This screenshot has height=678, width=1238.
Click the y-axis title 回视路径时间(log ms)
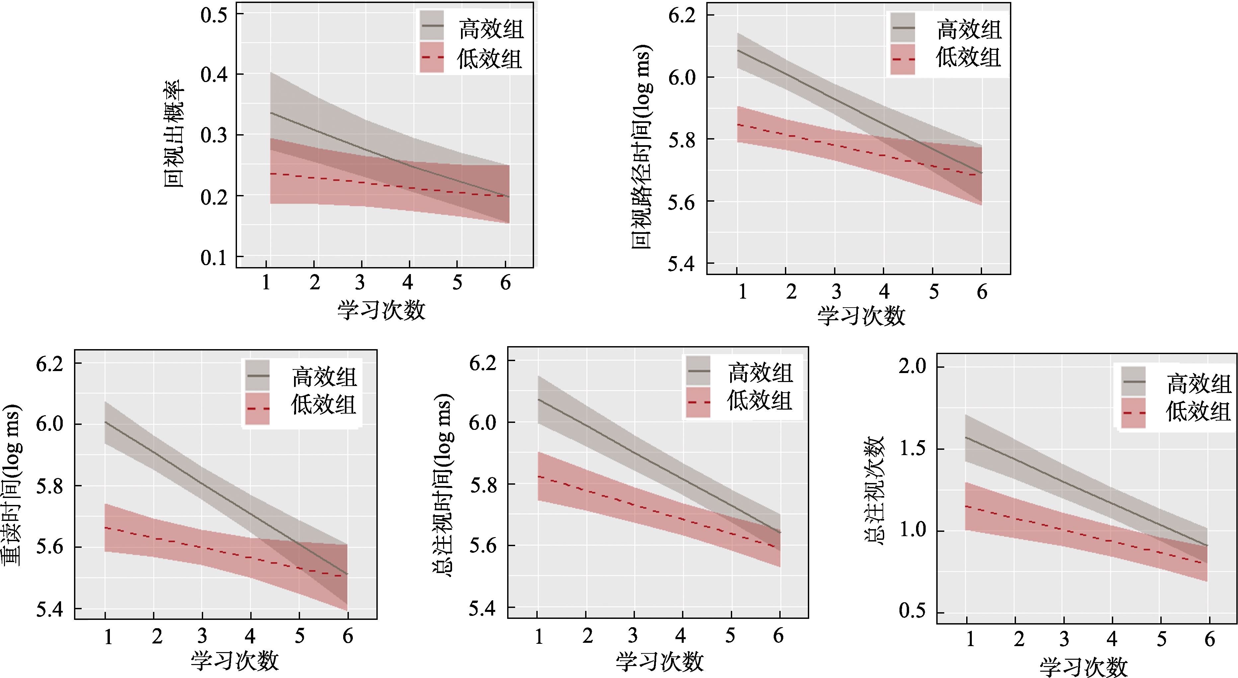point(642,146)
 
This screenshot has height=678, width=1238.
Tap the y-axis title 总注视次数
point(874,490)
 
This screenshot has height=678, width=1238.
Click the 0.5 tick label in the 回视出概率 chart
point(214,15)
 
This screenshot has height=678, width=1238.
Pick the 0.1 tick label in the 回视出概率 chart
point(214,258)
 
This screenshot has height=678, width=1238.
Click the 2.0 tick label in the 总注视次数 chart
point(912,366)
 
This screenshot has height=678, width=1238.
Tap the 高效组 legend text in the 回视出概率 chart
point(491,29)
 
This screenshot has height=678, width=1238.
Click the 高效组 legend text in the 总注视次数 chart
point(1199,384)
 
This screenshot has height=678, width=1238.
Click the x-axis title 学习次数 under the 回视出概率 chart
point(381,310)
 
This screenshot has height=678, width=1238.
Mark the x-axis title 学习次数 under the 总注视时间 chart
point(659,662)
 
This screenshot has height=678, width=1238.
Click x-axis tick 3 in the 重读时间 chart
point(202,636)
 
